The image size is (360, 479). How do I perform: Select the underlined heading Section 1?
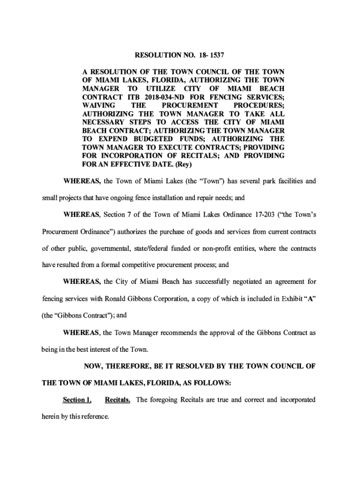pyautogui.click(x=77, y=400)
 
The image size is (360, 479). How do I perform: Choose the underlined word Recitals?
pyautogui.click(x=118, y=400)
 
